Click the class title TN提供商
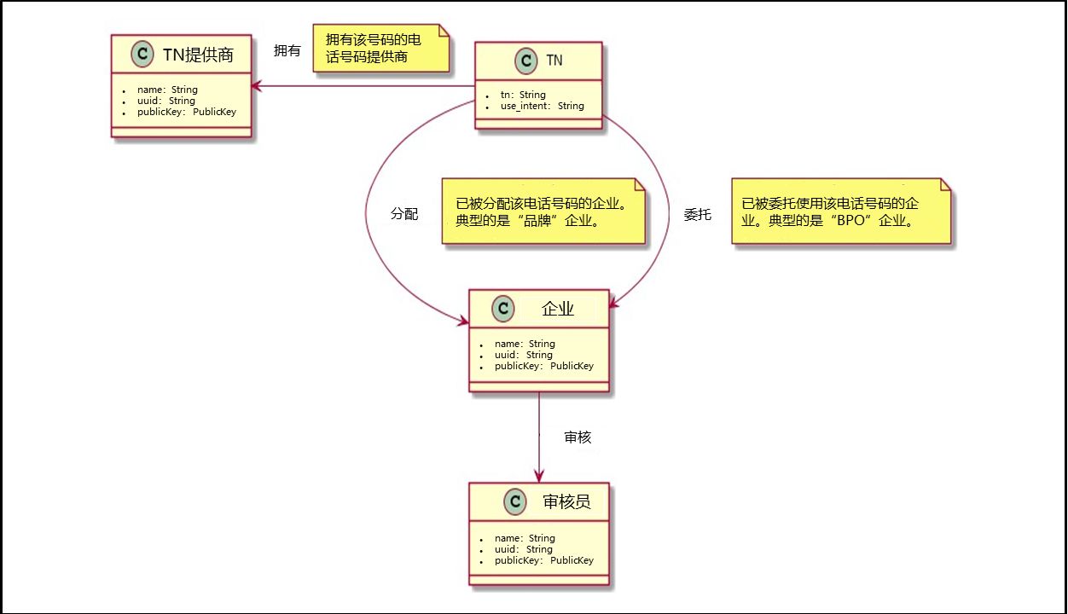(198, 56)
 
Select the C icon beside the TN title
(526, 61)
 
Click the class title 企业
(558, 310)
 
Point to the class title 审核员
(566, 501)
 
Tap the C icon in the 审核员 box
(514, 501)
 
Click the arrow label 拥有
(287, 51)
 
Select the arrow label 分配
(404, 214)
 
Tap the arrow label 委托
(697, 215)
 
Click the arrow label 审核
(578, 437)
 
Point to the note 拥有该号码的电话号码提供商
(380, 49)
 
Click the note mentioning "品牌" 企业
(543, 212)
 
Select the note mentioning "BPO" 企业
(840, 212)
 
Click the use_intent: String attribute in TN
(542, 107)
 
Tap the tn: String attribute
(522, 95)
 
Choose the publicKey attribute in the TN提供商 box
(187, 112)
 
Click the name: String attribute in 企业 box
(525, 344)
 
